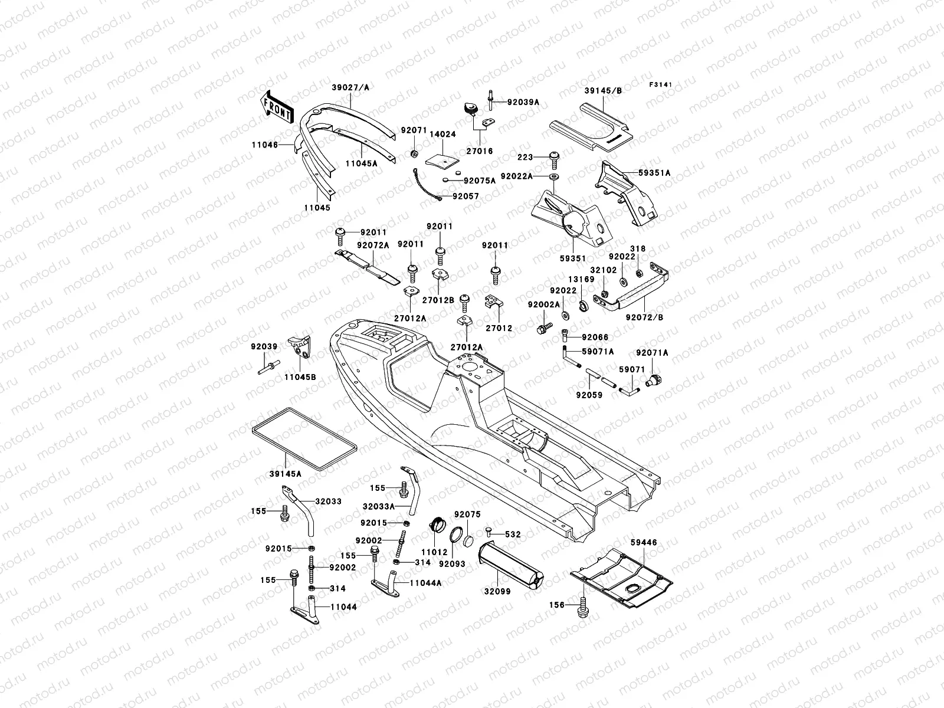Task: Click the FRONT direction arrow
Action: click(x=277, y=107)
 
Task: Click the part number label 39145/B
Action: click(x=603, y=91)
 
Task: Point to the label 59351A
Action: click(x=654, y=173)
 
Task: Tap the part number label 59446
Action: click(x=643, y=542)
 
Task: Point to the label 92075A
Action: click(x=480, y=181)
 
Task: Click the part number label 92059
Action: click(x=589, y=395)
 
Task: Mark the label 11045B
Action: click(x=300, y=376)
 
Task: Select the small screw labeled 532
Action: click(x=489, y=534)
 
